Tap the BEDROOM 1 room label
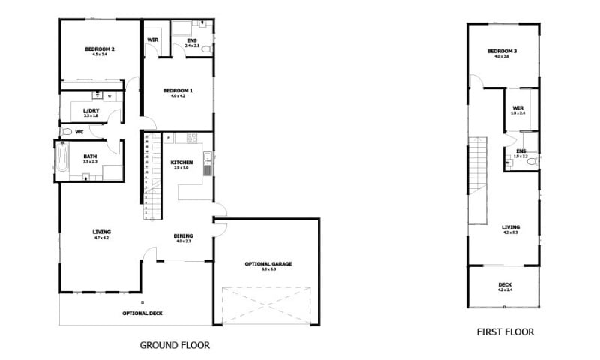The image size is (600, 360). (178, 91)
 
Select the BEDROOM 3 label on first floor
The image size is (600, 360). (502, 51)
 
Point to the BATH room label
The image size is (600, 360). (90, 157)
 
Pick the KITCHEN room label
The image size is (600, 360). (182, 163)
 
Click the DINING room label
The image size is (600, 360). (184, 235)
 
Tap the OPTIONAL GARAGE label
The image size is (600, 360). (268, 264)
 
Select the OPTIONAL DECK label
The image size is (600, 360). (142, 313)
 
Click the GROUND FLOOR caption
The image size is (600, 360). (175, 346)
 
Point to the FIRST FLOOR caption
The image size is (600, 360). (505, 331)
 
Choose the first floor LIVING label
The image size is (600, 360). (511, 227)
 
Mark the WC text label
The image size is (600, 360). (79, 132)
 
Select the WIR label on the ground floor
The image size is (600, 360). (152, 40)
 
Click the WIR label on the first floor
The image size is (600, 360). (518, 108)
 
